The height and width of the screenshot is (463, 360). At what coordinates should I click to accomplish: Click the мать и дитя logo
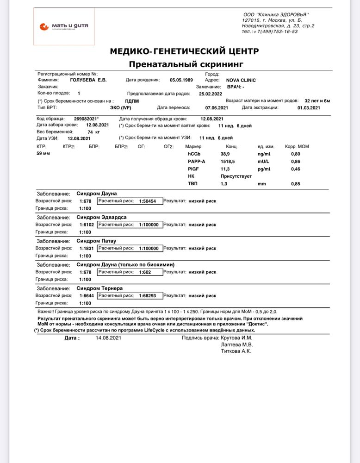point(64,26)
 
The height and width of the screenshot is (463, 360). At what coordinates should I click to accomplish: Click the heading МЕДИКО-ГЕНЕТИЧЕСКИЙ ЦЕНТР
point(184,51)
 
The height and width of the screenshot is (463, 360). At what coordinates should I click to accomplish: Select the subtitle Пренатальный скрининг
point(186,64)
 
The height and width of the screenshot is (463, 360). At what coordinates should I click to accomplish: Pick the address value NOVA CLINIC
point(241,80)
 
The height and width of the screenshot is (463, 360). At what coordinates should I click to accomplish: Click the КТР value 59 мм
point(43,153)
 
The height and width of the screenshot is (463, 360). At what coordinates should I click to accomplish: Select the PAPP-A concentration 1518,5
point(228,162)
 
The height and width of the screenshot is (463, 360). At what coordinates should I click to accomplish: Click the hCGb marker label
point(194,153)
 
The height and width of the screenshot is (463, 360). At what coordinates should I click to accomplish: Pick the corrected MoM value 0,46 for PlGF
point(295,169)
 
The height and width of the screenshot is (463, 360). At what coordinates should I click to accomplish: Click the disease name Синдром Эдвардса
point(101,217)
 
